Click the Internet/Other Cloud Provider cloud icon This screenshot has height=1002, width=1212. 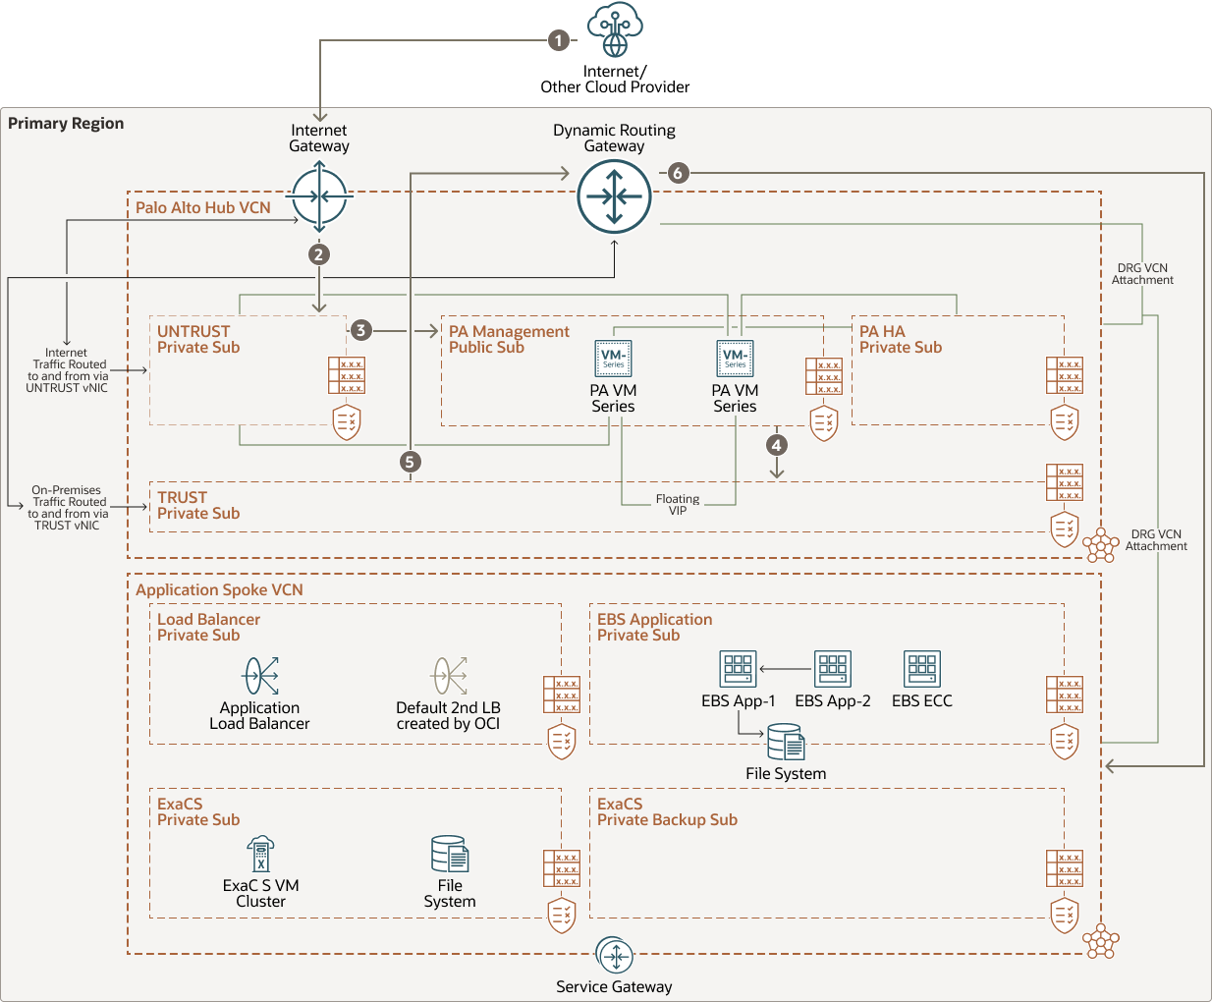(x=615, y=30)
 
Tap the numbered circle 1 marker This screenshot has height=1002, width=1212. (x=558, y=40)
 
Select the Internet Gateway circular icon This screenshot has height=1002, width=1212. (x=320, y=196)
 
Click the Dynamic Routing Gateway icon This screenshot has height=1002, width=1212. (x=614, y=196)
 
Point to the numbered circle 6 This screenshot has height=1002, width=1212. (x=677, y=173)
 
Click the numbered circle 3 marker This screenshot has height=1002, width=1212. (x=361, y=330)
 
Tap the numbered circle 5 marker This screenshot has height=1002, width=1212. (x=411, y=462)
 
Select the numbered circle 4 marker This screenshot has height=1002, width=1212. (x=776, y=445)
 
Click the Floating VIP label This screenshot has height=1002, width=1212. (x=678, y=505)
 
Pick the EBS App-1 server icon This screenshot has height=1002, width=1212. (x=738, y=669)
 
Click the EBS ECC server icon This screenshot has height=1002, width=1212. (x=921, y=669)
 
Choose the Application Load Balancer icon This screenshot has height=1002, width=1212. (x=260, y=676)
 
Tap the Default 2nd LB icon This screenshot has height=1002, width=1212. (x=449, y=676)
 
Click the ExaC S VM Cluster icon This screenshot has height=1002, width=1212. (x=260, y=854)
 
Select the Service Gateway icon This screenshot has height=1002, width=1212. (x=614, y=956)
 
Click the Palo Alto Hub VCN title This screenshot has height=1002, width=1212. (x=203, y=207)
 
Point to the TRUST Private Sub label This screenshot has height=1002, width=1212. (x=198, y=505)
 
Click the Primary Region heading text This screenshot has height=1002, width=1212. (x=66, y=123)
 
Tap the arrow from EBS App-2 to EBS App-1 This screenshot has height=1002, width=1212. (x=785, y=669)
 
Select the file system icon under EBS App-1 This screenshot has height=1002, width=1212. (x=785, y=743)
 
